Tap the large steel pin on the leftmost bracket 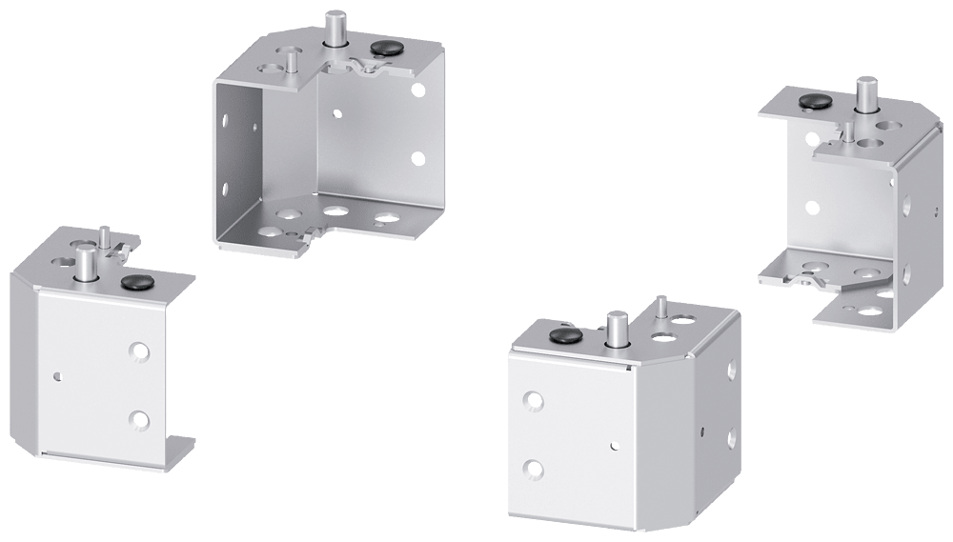[85, 261]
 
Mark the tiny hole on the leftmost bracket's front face [59, 373]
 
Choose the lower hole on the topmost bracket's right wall [416, 158]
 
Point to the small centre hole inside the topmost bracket [336, 112]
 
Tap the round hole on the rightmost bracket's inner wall [812, 206]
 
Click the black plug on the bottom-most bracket [565, 334]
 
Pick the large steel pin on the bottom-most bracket [616, 329]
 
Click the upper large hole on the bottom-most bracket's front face [533, 401]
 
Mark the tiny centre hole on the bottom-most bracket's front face [616, 444]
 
